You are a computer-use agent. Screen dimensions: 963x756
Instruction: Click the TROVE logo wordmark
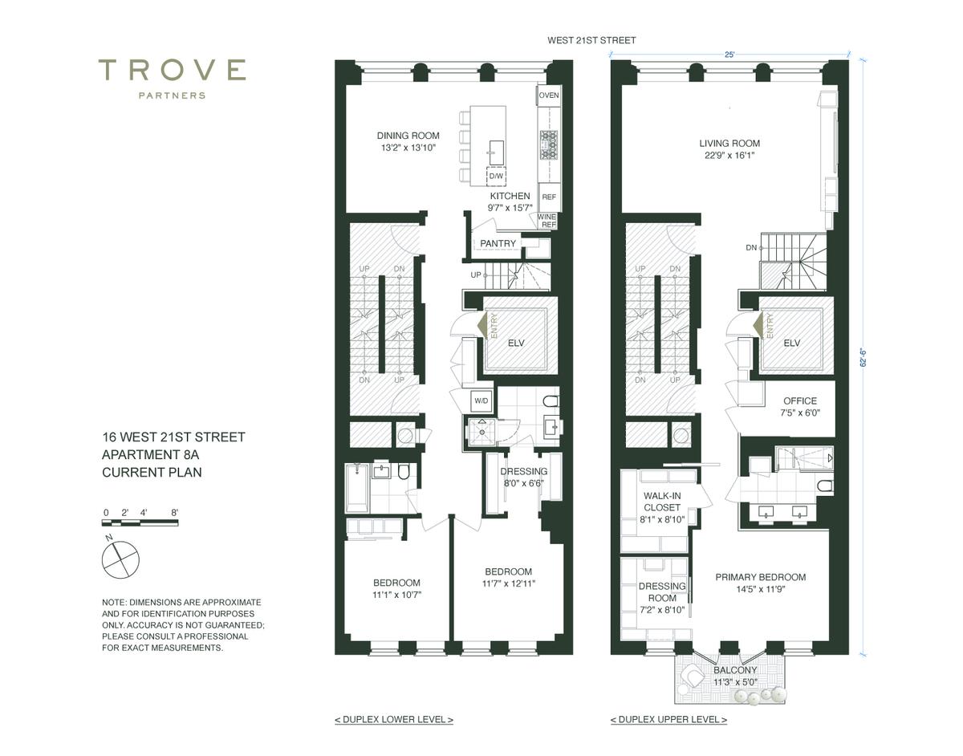pos(172,70)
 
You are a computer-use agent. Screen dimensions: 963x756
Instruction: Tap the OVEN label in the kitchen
pos(549,96)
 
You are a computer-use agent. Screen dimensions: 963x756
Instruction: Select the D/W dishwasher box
pos(496,176)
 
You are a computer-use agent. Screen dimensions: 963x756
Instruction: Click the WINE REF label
pos(547,221)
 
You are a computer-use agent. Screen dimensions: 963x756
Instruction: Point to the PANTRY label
pos(498,243)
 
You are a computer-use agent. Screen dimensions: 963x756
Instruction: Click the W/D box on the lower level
pos(481,400)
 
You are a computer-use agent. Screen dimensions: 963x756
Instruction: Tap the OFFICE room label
pos(800,401)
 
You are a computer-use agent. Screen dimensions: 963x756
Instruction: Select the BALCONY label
pos(735,670)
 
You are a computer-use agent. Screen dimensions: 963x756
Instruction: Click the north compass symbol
pos(120,559)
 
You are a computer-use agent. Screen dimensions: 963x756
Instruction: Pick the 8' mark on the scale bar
pos(175,513)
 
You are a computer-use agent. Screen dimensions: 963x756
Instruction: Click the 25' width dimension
pos(729,55)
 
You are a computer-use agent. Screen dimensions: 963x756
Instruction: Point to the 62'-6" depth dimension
pos(863,359)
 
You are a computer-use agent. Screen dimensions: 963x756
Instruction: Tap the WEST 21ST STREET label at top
pos(591,40)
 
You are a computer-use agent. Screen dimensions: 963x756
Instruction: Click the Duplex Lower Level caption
pos(394,720)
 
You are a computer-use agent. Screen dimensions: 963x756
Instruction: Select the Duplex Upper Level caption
pos(668,720)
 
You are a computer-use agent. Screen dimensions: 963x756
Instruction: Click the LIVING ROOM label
pos(729,143)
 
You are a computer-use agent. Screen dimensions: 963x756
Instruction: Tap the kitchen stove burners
pos(549,145)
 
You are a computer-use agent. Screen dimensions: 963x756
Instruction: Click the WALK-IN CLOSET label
pos(662,502)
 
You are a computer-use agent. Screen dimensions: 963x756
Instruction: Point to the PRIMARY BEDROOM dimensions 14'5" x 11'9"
pos(761,589)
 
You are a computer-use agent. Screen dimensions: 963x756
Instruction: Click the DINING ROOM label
pos(408,136)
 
